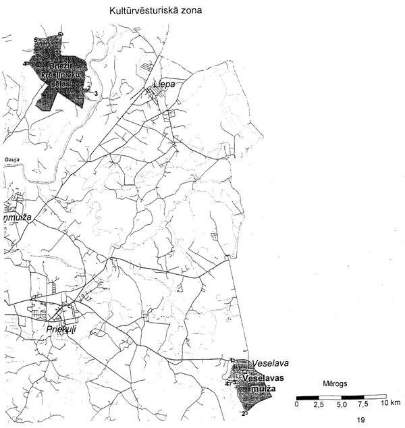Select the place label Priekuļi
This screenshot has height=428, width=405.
(x=64, y=329)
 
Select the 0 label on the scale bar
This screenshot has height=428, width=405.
(x=297, y=404)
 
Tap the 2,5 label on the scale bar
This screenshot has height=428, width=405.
(x=319, y=404)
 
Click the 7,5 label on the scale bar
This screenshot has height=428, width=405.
(x=363, y=404)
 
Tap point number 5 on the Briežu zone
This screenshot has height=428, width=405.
(x=35, y=41)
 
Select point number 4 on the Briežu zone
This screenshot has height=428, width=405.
(x=25, y=64)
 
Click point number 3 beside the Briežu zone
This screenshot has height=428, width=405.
(x=97, y=93)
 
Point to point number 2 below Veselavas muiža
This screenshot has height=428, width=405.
(x=242, y=413)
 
